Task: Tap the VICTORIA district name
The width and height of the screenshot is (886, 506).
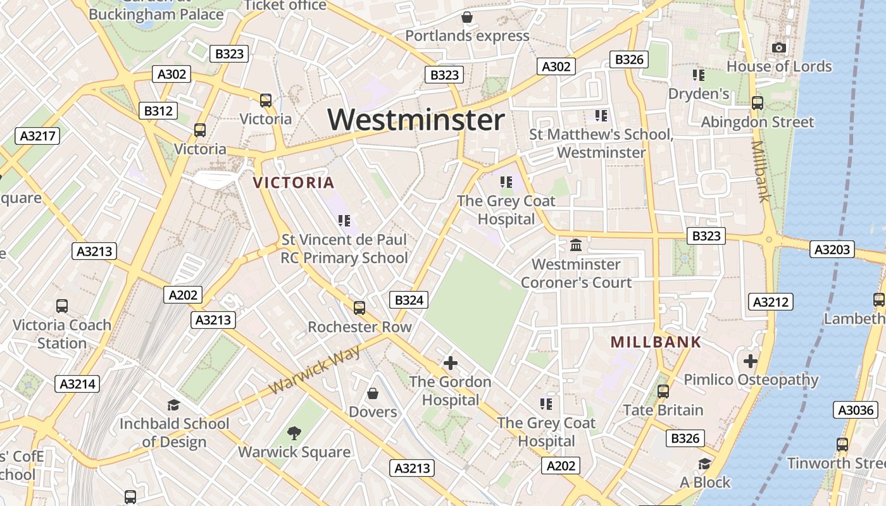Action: [x=294, y=183]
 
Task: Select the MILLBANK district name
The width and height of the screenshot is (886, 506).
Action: [x=656, y=342]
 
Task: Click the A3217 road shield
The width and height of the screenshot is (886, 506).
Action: [x=38, y=136]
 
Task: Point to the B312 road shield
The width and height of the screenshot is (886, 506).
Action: [x=158, y=111]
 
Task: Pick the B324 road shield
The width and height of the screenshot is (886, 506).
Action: [x=409, y=300]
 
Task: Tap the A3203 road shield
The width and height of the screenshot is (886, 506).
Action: [x=832, y=249]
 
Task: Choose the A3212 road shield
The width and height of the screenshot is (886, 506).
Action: [x=770, y=302]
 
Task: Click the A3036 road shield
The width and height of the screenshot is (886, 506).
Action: [x=856, y=410]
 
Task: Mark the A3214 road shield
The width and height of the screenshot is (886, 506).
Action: [x=77, y=383]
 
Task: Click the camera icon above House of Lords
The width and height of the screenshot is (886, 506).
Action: [x=779, y=47]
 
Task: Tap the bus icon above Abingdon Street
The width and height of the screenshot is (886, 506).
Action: [x=757, y=102]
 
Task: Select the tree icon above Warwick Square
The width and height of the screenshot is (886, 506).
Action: [x=294, y=433]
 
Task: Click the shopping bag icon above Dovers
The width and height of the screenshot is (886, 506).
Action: [x=373, y=393]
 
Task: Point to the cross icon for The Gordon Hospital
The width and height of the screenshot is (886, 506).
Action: [x=450, y=363]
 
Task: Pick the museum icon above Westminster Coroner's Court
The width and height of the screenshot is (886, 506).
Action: [x=576, y=245]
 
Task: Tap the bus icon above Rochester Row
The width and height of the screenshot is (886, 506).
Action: [x=359, y=308]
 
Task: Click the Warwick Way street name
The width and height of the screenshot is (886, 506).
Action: [x=315, y=370]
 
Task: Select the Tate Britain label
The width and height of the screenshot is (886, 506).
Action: [x=663, y=410]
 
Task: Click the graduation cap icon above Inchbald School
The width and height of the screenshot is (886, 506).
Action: [x=173, y=405]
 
